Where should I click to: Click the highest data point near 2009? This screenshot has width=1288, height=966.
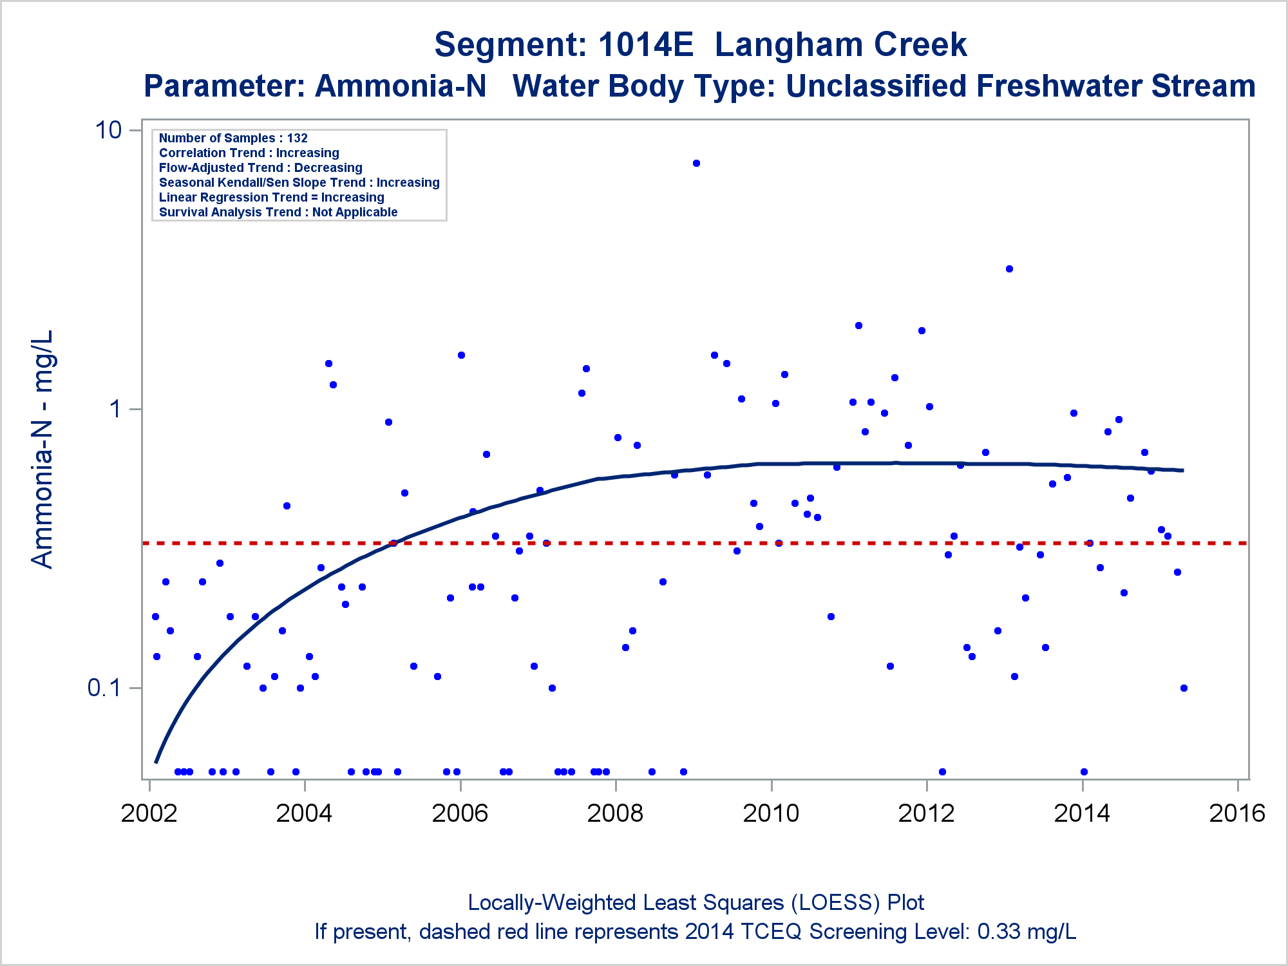(x=696, y=164)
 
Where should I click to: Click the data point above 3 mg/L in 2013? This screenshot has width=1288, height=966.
(x=1009, y=269)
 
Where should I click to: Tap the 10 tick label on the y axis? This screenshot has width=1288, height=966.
(x=108, y=130)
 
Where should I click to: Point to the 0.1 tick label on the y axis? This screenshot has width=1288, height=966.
(x=104, y=688)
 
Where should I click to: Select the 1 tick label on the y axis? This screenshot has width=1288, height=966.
(x=115, y=409)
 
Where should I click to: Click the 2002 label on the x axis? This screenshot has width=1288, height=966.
(x=149, y=813)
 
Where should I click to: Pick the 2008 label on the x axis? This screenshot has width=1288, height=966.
(x=615, y=813)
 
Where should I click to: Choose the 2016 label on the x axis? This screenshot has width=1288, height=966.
(x=1237, y=813)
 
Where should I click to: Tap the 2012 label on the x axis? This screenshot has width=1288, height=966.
(x=926, y=813)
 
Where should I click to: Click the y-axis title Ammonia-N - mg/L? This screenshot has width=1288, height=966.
(x=43, y=450)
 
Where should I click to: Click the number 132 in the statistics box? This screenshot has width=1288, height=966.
(x=298, y=138)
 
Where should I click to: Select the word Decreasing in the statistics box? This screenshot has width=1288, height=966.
(x=328, y=168)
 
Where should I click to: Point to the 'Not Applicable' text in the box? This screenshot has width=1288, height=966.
(x=355, y=213)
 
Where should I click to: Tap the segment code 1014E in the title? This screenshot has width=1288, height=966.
(x=645, y=45)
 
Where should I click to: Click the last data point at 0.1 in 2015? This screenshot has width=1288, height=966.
(x=1184, y=688)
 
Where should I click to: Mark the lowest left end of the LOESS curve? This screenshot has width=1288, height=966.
(x=156, y=762)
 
